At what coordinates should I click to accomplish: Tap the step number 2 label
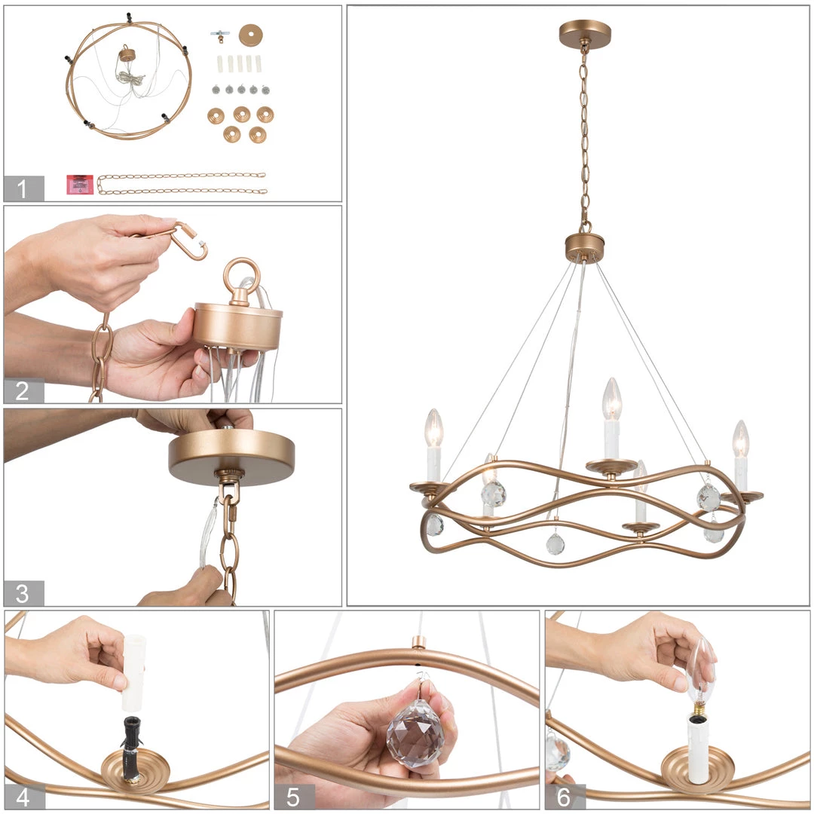[22, 391]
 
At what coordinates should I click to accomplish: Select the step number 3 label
[22, 593]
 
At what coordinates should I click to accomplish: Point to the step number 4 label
[23, 797]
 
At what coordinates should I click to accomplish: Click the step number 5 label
[293, 797]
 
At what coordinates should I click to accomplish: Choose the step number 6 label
[564, 797]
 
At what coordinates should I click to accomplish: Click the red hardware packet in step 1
[80, 185]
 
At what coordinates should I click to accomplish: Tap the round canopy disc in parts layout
[251, 35]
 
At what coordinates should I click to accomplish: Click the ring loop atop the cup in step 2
[242, 276]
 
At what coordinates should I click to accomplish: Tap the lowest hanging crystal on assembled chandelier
[555, 544]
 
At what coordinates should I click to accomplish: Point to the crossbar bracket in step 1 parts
[220, 35]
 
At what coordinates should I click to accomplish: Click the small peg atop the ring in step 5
[417, 643]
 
